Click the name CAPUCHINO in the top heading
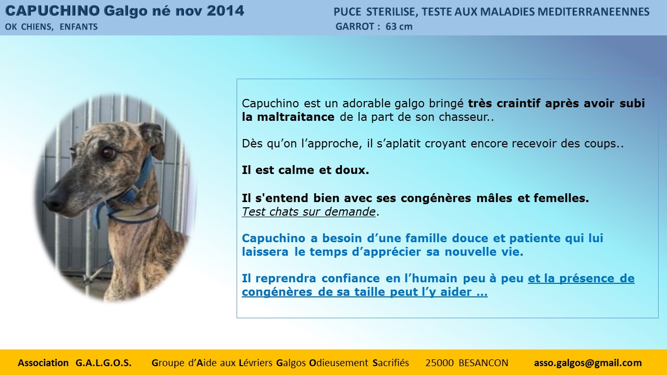pyautogui.click(x=53, y=11)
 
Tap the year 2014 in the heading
pyautogui.click(x=226, y=11)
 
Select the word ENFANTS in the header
pyautogui.click(x=79, y=27)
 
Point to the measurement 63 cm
pyautogui.click(x=399, y=27)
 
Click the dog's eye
pyautogui.click(x=108, y=153)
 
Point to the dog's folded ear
pyautogui.click(x=153, y=140)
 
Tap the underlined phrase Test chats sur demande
pyautogui.click(x=308, y=211)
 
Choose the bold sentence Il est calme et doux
pyautogui.click(x=305, y=170)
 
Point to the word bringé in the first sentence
pyautogui.click(x=447, y=104)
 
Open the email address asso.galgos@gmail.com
pyautogui.click(x=588, y=363)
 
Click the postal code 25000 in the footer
pyautogui.click(x=439, y=363)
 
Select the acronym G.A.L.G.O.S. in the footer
pyautogui.click(x=103, y=363)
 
